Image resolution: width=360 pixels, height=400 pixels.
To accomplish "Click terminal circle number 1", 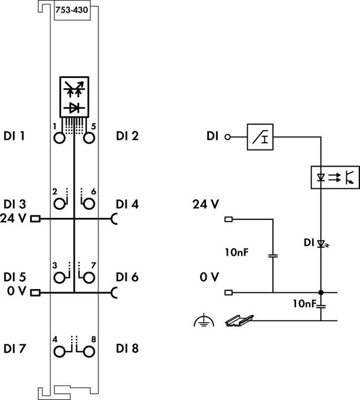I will click(59, 137).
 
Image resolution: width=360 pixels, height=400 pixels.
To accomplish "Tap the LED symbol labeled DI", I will click(321, 243).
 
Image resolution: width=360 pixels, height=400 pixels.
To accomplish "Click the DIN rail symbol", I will click(239, 321).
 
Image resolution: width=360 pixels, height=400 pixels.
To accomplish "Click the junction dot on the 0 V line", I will click(321, 292).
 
